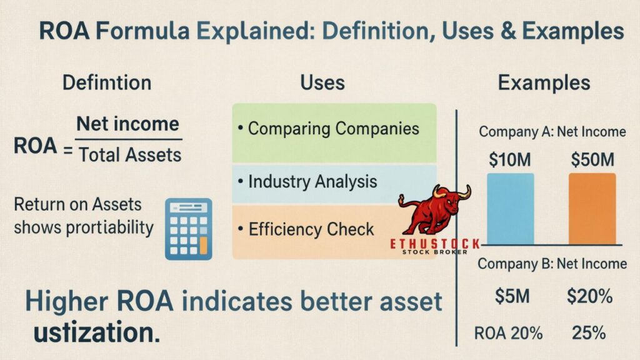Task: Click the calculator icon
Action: click(x=188, y=229)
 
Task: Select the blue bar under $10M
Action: click(x=510, y=208)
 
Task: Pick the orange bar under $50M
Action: click(x=592, y=208)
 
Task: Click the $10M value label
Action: click(x=510, y=160)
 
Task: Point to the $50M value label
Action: click(x=592, y=160)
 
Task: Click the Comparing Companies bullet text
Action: click(x=334, y=129)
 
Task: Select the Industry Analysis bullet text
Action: click(x=312, y=181)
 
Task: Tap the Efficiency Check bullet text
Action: click(x=311, y=229)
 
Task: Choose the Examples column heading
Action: click(x=543, y=84)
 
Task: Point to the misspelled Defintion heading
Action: click(x=107, y=82)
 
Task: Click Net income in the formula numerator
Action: click(x=129, y=123)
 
